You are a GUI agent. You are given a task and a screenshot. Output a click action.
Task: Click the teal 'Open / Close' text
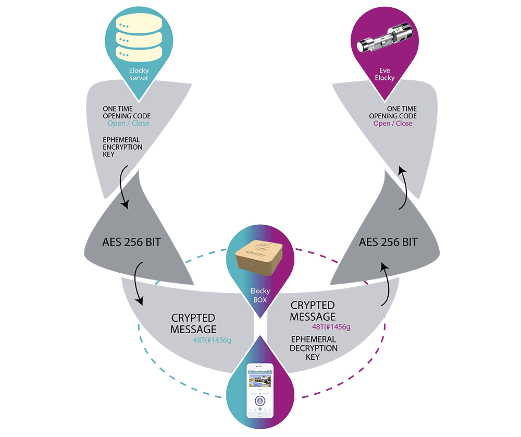(128, 124)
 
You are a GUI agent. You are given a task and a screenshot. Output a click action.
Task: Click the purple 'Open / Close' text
(393, 124)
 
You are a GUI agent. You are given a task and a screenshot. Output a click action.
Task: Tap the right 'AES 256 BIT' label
(388, 242)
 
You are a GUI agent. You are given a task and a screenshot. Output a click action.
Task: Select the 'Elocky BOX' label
(260, 296)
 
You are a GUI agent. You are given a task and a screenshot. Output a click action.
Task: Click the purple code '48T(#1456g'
(331, 327)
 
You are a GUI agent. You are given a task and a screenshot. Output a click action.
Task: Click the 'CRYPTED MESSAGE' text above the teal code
(193, 323)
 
